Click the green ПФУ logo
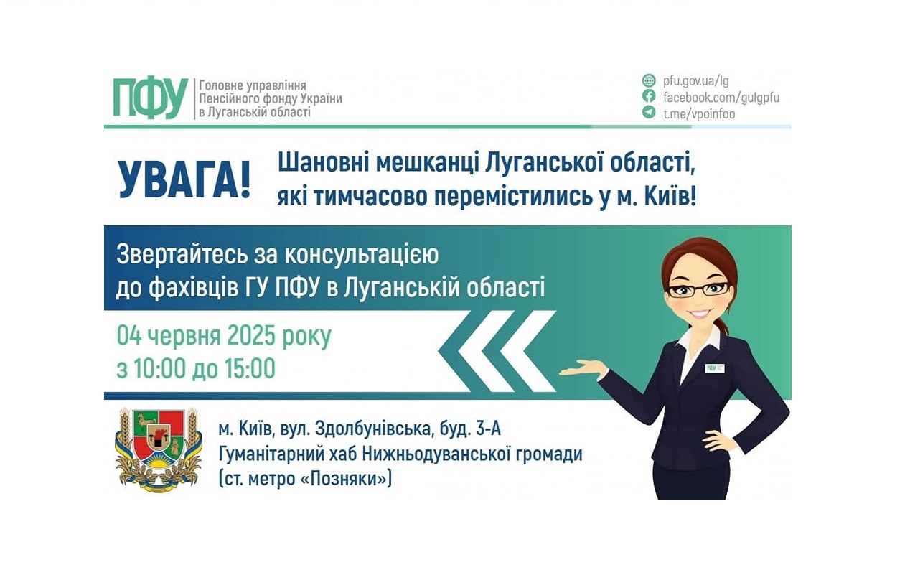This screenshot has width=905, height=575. (x=150, y=98)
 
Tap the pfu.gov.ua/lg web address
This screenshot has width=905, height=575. (x=695, y=80)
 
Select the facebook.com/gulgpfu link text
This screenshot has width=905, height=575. (x=721, y=97)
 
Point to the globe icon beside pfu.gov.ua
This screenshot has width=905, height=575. (x=649, y=80)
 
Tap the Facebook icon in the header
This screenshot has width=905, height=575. (x=649, y=96)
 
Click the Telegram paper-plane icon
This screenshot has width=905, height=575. (x=649, y=113)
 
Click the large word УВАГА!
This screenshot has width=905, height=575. (x=184, y=180)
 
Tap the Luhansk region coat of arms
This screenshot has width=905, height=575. (x=158, y=449)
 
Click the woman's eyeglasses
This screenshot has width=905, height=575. (x=698, y=289)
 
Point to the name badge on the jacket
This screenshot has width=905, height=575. (x=715, y=368)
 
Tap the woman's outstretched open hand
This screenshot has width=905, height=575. (x=583, y=369)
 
